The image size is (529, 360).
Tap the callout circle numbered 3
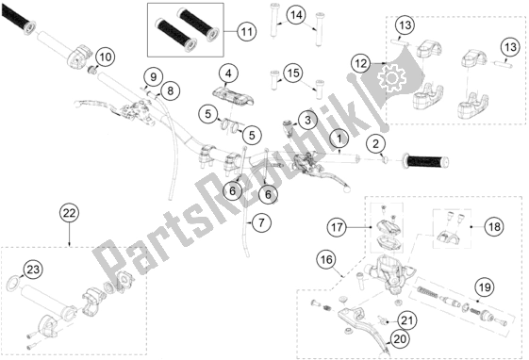tap(306, 120)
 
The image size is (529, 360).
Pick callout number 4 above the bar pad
tap(226, 73)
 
